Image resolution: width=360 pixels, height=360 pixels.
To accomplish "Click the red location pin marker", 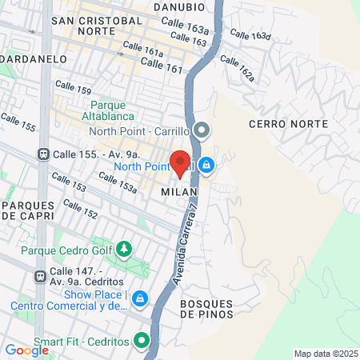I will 181,162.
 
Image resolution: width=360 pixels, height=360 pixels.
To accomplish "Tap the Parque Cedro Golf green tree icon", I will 124,250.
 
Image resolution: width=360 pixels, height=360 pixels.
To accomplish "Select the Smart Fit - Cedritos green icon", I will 142,342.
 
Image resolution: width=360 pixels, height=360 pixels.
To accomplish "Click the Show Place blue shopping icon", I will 140,298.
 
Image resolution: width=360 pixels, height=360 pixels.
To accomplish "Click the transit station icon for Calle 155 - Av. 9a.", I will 42,154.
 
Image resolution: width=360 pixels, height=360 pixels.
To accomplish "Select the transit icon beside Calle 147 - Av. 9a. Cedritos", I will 39,276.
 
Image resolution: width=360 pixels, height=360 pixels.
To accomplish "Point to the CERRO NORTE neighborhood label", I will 288,124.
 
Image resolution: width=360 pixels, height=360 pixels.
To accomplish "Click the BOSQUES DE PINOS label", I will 207,309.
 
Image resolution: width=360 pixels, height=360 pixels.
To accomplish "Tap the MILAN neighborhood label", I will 174,193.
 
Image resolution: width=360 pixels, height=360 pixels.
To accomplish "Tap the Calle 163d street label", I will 250,35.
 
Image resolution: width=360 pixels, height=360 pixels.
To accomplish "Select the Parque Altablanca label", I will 111,110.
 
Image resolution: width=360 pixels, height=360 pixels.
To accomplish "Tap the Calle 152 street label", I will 80,210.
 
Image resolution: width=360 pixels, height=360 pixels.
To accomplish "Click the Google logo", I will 26,350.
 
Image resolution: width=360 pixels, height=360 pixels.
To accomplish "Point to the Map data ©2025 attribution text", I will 324,354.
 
